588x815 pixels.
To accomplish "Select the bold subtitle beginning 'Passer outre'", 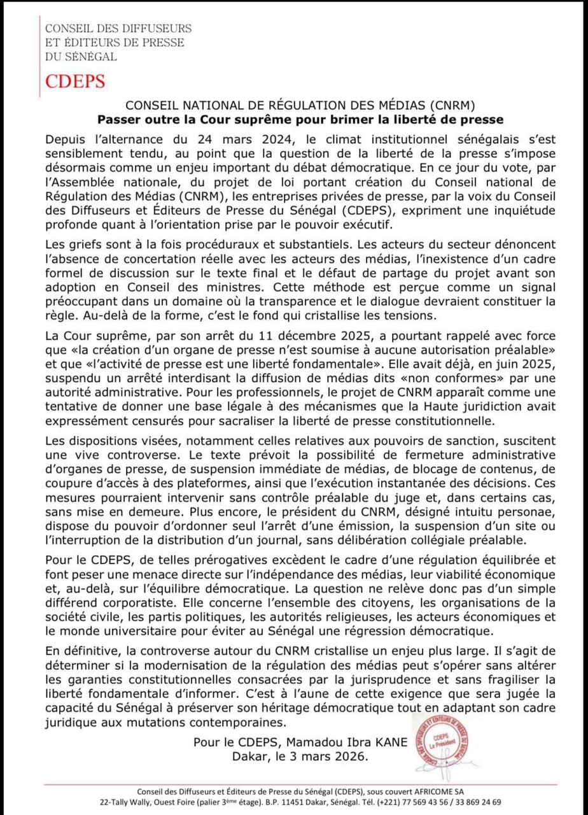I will (x=300, y=119).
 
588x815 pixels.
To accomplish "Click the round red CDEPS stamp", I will (x=444, y=741).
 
